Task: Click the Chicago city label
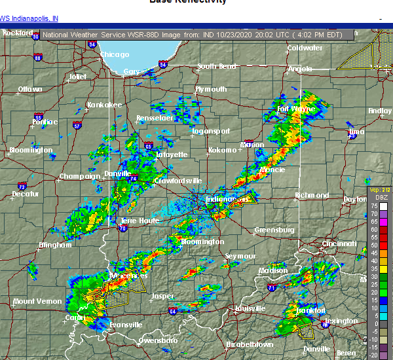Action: tap(115, 54)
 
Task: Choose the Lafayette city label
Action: tap(172, 154)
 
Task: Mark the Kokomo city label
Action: tap(221, 150)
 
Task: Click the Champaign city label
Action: tap(79, 176)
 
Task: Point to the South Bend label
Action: tap(217, 66)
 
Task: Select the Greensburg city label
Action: tap(274, 230)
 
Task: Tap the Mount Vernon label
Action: tap(37, 301)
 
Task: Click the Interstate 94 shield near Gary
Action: tap(162, 64)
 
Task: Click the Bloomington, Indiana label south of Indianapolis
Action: tap(202, 242)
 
